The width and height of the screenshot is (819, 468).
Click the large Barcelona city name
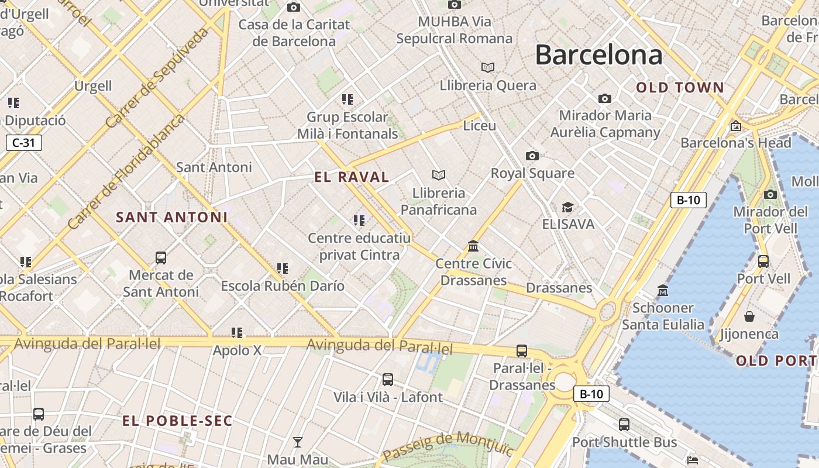[598, 55]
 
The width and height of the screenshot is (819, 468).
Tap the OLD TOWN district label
[680, 88]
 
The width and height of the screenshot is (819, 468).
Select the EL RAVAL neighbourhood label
[352, 177]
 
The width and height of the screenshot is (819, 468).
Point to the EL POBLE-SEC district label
[177, 421]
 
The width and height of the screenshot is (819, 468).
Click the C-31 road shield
[24, 142]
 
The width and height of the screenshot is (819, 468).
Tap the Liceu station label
[479, 126]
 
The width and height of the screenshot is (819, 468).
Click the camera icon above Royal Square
[532, 156]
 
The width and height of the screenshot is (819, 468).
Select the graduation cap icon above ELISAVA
[567, 207]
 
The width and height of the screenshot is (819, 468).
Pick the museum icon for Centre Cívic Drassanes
[473, 246]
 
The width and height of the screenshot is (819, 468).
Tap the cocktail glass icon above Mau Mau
[298, 442]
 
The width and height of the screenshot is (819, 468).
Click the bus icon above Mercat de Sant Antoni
[160, 257]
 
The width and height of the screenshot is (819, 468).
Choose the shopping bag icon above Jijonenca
[749, 316]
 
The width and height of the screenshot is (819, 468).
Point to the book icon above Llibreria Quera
[487, 67]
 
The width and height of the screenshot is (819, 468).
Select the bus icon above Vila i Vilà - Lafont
[387, 380]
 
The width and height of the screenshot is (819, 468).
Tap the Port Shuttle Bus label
[624, 442]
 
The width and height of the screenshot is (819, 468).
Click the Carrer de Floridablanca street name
[126, 171]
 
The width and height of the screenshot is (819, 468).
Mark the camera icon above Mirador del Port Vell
[770, 194]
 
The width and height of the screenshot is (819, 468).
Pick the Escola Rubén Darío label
[283, 286]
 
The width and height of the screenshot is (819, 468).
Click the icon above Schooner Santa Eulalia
[662, 290]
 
